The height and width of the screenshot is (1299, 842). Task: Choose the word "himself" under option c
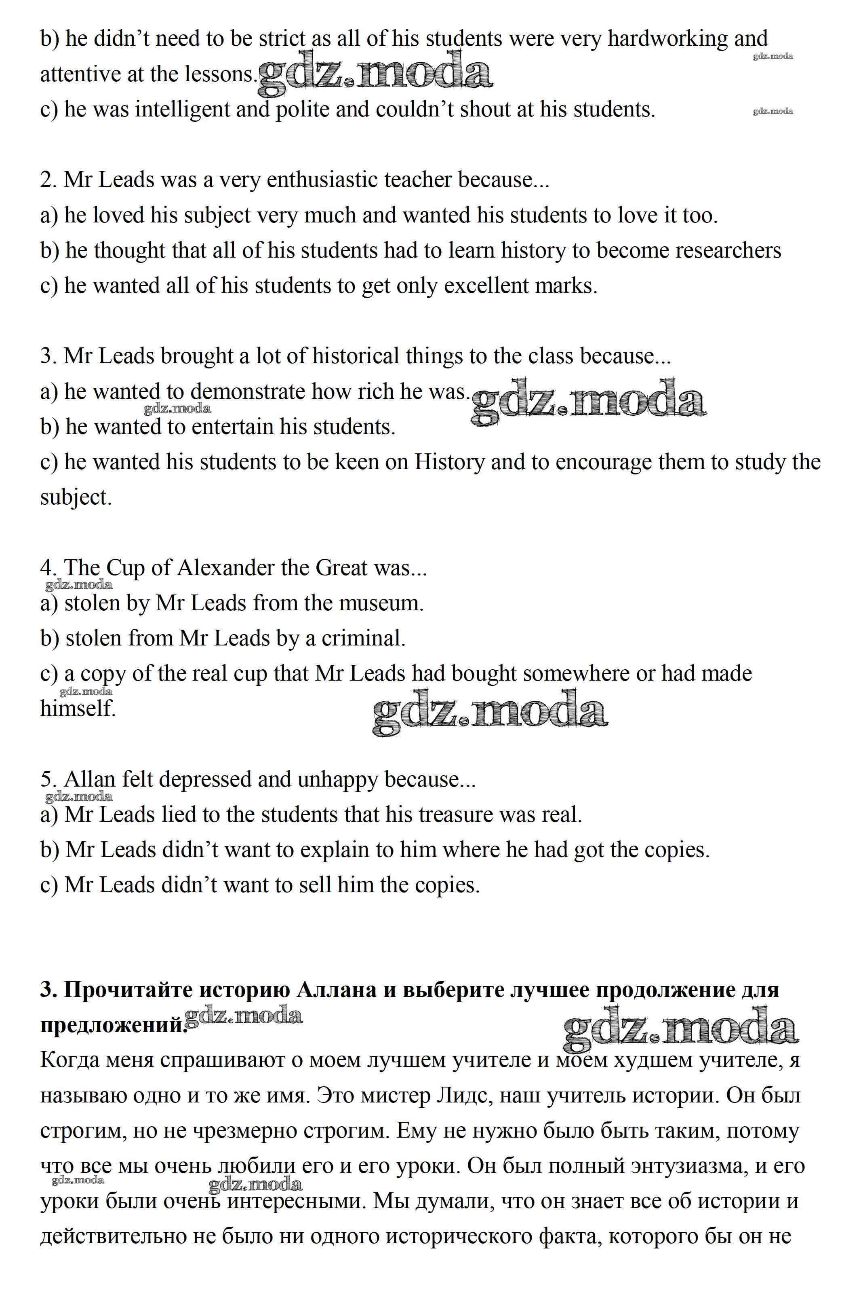(x=78, y=709)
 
